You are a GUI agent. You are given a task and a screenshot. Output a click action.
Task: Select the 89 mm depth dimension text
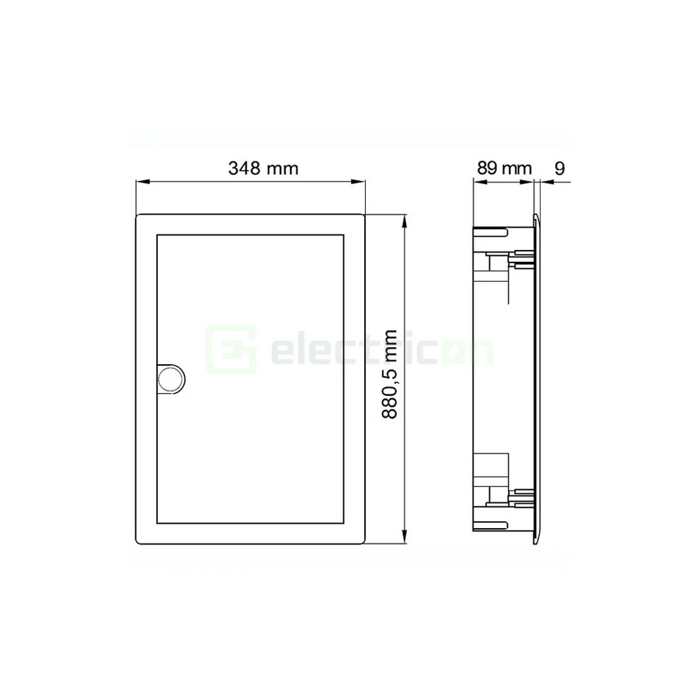click(503, 168)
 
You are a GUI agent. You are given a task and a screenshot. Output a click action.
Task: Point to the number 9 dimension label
click(561, 168)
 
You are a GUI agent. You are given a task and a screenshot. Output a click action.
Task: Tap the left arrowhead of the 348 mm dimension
click(141, 183)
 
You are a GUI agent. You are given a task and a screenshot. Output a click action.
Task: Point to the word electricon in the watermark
click(381, 349)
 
